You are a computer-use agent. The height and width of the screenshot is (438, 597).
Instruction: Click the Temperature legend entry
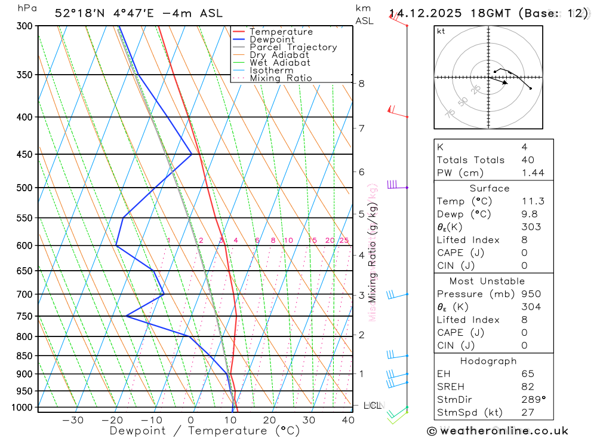281,32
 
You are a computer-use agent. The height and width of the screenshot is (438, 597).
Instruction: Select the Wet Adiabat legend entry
279,63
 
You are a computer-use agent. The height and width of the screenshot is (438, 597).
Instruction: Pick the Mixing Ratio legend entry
281,78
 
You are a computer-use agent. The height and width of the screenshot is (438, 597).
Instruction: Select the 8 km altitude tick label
361,84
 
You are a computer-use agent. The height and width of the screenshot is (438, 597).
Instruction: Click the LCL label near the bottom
372,406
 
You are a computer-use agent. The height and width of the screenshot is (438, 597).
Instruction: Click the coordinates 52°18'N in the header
78,13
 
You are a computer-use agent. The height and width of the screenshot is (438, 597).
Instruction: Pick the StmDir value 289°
533,400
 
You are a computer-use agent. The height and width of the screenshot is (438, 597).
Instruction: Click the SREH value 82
527,387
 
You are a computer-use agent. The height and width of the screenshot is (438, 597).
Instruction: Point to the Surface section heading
490,188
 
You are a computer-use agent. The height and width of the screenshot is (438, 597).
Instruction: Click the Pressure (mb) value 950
531,294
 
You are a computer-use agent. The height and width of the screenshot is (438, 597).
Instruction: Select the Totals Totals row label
470,160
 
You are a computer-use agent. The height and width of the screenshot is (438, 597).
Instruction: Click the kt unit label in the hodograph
441,31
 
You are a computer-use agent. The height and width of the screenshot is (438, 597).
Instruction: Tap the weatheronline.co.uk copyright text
497,431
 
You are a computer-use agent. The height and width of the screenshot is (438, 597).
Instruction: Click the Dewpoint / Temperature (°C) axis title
205,431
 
